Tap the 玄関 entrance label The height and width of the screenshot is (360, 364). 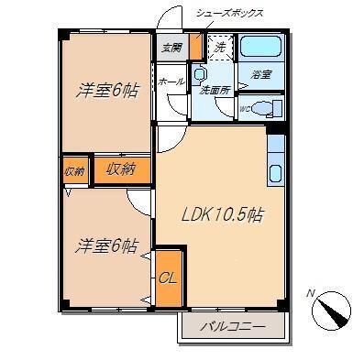(171, 49)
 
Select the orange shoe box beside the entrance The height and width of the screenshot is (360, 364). (194, 47)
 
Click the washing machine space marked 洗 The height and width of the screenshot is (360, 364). (220, 46)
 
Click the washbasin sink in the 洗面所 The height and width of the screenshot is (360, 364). (201, 75)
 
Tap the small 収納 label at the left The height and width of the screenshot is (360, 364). (74, 171)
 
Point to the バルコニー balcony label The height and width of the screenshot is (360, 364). (234, 325)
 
